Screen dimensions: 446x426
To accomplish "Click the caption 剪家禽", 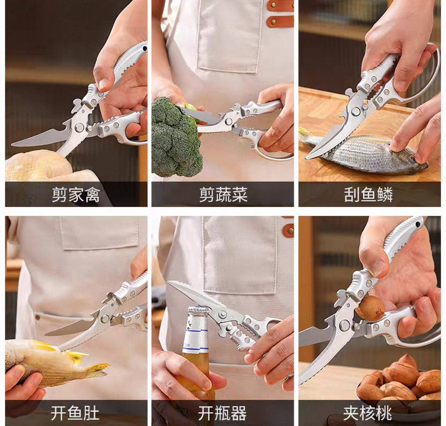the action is [76, 195].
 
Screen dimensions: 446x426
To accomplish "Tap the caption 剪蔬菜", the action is [223, 195].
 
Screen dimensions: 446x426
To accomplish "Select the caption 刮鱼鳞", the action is [369, 195].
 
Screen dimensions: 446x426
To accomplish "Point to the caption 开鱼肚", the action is [75, 413].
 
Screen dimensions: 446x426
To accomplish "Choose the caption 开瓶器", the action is [223, 413].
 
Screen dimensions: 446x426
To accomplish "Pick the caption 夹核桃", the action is [368, 413].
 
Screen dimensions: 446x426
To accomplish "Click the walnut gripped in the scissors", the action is [370, 307].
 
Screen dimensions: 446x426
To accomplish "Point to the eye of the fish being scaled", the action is [412, 159].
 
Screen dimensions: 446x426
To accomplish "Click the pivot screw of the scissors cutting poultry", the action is [79, 128].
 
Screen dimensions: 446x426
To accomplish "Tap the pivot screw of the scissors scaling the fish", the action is [355, 111].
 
